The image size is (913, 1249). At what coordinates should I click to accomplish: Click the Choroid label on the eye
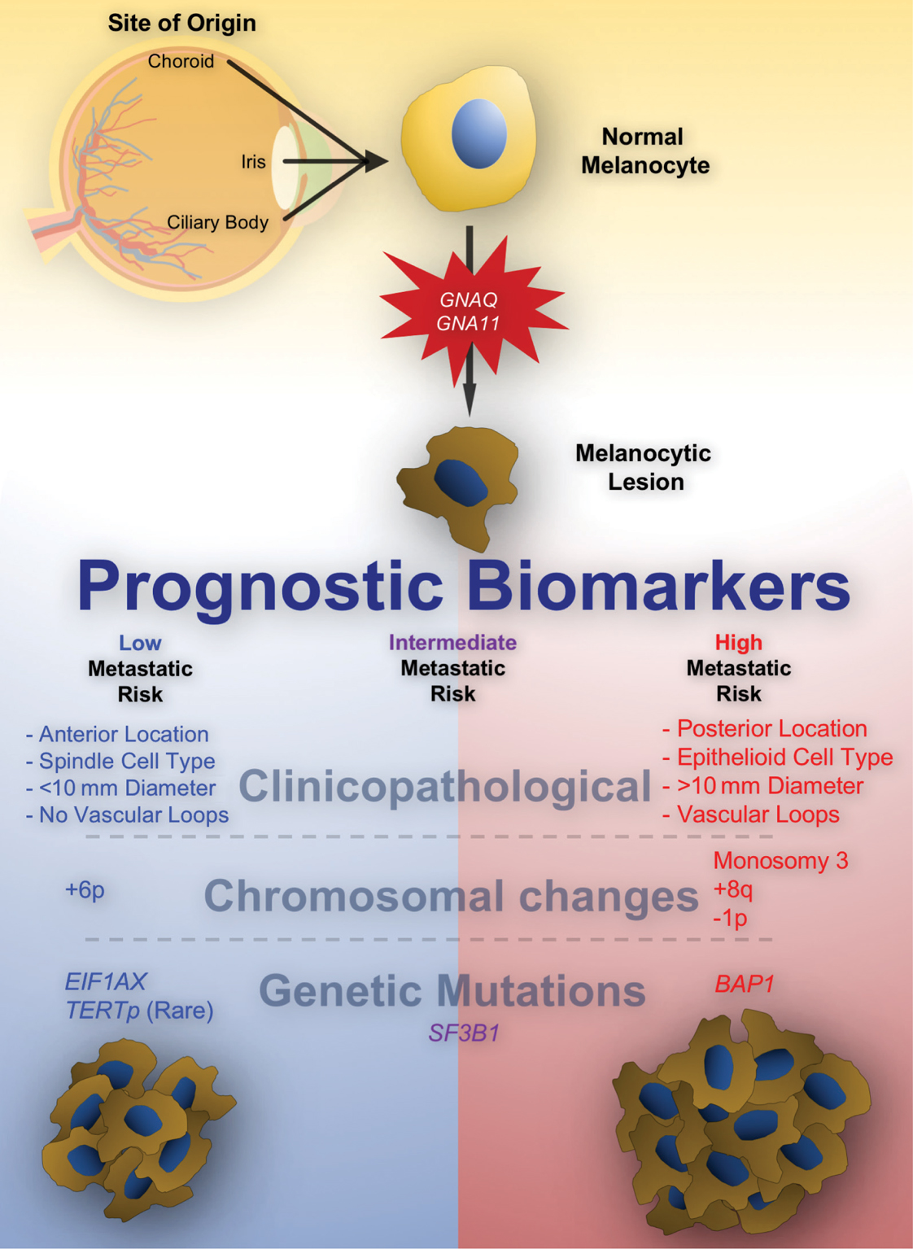(x=181, y=62)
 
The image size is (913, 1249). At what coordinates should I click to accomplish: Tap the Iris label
(x=253, y=162)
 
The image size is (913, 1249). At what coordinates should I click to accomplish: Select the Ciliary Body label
(x=217, y=222)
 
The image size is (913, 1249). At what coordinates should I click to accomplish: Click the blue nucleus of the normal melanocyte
(x=478, y=133)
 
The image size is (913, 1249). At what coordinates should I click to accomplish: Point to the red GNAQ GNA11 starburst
(x=469, y=312)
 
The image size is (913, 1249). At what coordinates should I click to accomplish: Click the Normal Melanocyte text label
(x=644, y=151)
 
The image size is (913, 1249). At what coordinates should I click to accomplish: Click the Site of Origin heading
(x=181, y=23)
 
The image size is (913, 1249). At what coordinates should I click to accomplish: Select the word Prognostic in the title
(x=260, y=586)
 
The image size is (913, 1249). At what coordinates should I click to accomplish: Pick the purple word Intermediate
(x=452, y=643)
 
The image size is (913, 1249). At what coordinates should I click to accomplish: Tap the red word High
(x=738, y=643)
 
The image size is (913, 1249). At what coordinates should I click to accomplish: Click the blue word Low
(x=140, y=644)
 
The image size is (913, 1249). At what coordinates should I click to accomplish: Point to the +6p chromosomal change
(x=85, y=890)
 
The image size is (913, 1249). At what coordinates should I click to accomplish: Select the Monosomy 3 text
(x=780, y=861)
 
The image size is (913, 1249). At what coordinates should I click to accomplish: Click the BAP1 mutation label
(x=744, y=985)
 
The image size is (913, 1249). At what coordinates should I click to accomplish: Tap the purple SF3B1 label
(x=464, y=1033)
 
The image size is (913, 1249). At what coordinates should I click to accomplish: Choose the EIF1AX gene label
(x=106, y=982)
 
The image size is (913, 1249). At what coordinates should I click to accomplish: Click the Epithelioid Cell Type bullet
(x=784, y=758)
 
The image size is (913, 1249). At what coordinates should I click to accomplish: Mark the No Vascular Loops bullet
(x=133, y=815)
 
